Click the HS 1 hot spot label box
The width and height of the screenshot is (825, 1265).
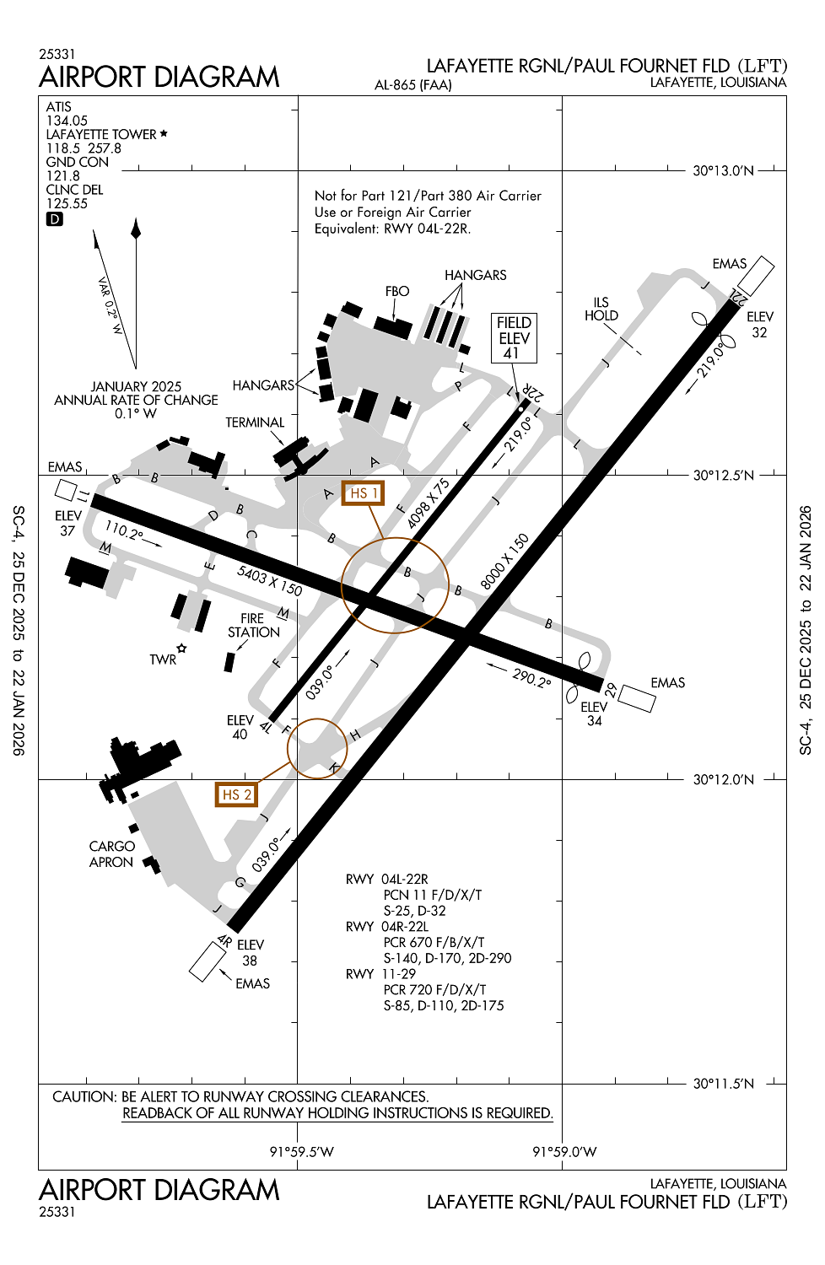coord(363,493)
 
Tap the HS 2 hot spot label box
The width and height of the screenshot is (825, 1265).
coord(235,794)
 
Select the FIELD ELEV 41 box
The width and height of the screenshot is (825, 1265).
coord(514,337)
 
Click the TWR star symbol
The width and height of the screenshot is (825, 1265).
coord(181,649)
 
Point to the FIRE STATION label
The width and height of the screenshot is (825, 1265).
coord(253,625)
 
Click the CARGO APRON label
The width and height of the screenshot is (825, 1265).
coord(111,853)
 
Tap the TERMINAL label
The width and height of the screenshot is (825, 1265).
coord(255,423)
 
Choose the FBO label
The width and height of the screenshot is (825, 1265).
coord(397,291)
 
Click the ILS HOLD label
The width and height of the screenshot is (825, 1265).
coord(601,309)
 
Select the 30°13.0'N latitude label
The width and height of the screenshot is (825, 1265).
coord(723,170)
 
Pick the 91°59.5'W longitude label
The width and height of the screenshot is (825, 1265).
coord(301,1152)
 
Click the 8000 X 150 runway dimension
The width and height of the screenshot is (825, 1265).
coord(504,562)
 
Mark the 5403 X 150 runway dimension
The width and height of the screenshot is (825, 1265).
coord(269,580)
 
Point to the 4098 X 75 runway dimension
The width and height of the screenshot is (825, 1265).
coord(429,503)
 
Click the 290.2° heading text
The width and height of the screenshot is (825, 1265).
coord(531,677)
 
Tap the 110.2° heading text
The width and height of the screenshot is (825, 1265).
coord(123,530)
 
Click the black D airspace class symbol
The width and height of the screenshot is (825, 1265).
coord(54,219)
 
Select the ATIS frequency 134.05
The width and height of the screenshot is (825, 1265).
coord(67,121)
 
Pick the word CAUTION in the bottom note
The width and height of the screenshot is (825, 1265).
coord(84,1096)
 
